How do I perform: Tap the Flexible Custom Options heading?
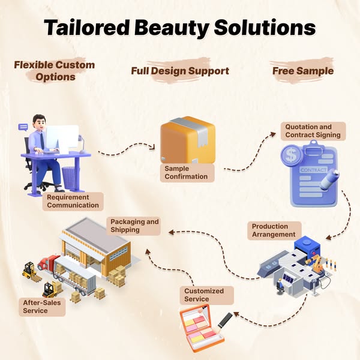point(55,71)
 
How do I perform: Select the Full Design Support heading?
point(180,71)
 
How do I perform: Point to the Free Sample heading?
point(303,71)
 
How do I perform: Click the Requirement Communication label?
point(72,201)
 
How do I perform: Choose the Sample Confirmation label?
point(186,173)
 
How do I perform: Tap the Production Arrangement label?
point(274,230)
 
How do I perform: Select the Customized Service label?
point(204,295)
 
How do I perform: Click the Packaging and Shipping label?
point(134,226)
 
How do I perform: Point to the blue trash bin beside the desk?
point(69,176)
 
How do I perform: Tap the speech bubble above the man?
point(23,127)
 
